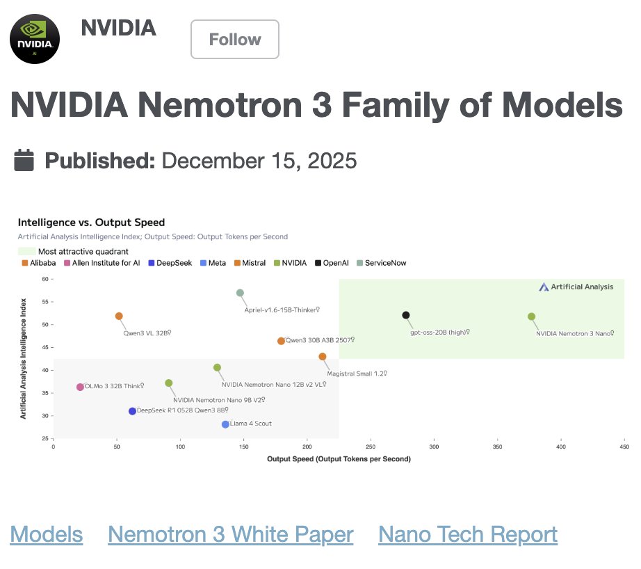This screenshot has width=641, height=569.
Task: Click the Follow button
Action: [235, 40]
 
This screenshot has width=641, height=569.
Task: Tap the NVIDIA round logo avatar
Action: [35, 39]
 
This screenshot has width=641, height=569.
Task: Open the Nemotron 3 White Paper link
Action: [230, 534]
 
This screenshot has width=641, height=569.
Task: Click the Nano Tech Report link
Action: [467, 534]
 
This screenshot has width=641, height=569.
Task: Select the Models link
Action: [47, 534]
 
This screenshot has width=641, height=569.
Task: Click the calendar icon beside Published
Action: [24, 161]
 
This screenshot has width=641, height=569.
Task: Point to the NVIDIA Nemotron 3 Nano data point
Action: [532, 316]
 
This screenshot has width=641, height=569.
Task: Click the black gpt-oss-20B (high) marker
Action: [406, 315]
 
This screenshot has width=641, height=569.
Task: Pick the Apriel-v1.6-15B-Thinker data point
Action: [240, 293]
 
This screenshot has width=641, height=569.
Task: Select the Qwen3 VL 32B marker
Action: [119, 316]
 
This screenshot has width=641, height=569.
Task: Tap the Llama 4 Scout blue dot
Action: [225, 424]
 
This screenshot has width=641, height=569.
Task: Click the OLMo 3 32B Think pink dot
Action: [80, 387]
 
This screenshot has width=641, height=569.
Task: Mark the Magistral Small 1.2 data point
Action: [323, 356]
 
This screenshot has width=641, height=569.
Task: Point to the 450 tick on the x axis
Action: [624, 448]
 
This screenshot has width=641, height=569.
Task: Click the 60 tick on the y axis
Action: [46, 279]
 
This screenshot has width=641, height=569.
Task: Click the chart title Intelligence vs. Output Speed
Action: [91, 223]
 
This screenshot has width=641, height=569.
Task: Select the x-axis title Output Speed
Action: [339, 459]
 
